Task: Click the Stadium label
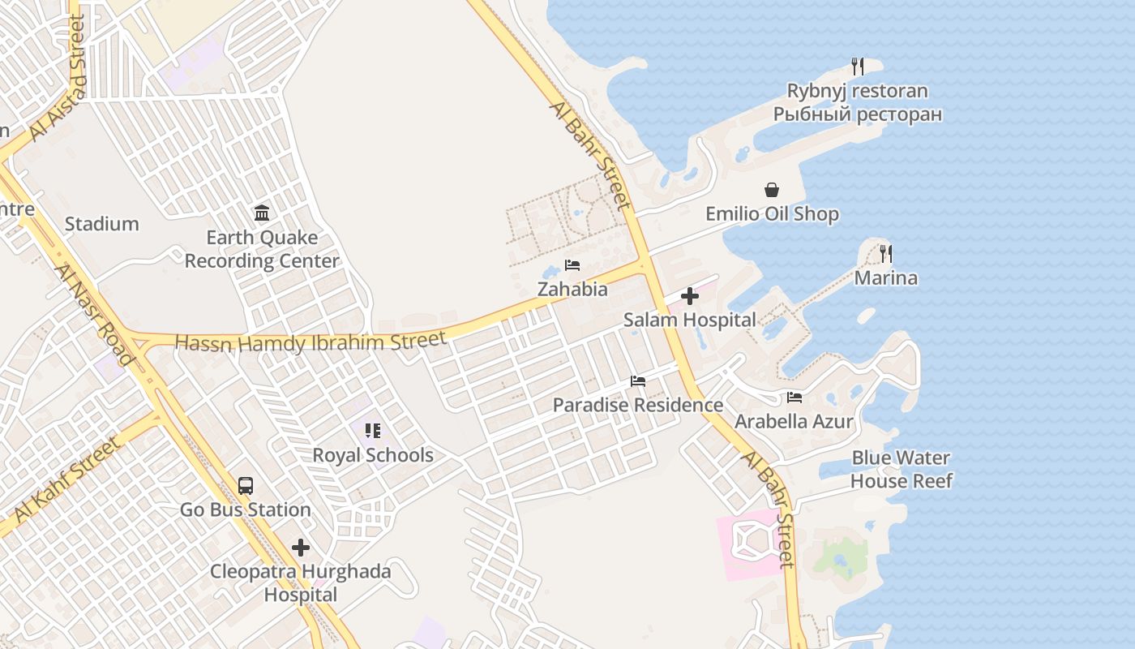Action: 101,224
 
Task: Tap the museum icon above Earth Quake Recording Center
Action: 262,213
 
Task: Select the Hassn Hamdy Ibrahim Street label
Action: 311,342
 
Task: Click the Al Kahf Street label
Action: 66,479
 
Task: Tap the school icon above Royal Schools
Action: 373,430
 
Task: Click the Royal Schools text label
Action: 373,455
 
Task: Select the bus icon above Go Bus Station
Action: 246,486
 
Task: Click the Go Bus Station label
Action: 245,509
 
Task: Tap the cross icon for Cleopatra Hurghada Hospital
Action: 301,548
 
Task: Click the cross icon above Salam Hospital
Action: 690,297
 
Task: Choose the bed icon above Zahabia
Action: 572,265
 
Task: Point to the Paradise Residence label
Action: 638,405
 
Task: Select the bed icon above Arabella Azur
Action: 794,398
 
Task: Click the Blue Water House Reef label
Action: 901,470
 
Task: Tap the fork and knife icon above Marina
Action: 886,254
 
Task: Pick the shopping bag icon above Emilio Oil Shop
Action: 772,190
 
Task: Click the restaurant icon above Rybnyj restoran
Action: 858,66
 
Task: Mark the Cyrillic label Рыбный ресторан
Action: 858,114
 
